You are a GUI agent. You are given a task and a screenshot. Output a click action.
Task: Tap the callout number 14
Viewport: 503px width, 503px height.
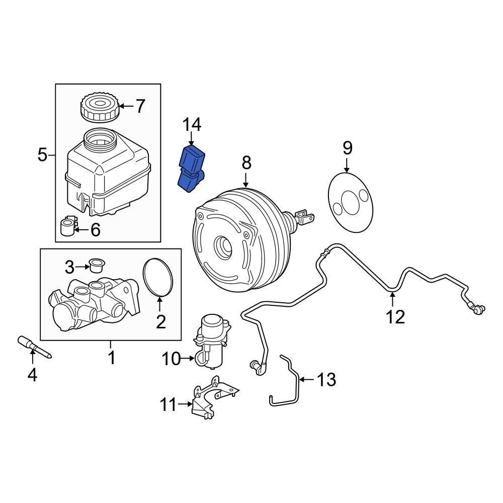click(191, 124)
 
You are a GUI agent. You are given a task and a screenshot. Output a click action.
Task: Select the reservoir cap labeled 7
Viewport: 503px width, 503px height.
click(99, 107)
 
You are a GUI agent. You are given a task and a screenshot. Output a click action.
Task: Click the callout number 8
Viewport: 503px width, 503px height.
click(246, 162)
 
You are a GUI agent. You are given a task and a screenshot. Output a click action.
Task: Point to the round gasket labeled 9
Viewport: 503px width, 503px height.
click(350, 202)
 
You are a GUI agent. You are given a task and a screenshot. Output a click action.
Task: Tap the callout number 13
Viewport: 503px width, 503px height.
click(327, 379)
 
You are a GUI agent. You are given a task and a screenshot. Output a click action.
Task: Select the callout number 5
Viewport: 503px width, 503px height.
click(43, 155)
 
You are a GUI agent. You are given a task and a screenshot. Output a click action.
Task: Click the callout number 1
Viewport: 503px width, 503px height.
click(111, 358)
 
